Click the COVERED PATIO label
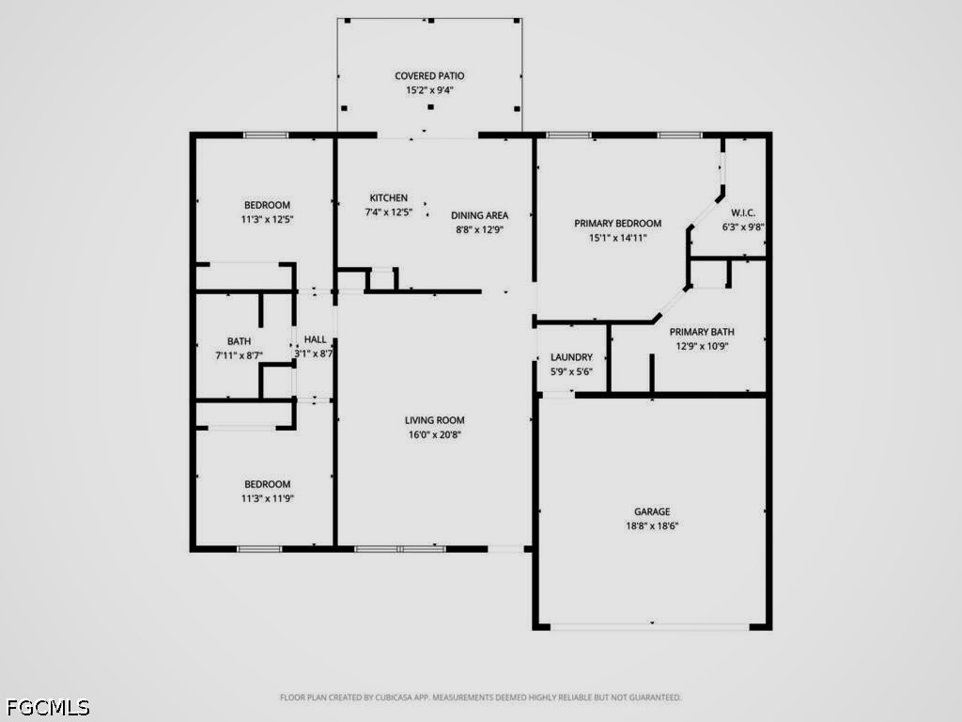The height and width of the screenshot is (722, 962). pos(429,76)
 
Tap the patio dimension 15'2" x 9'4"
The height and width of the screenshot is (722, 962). pos(429,90)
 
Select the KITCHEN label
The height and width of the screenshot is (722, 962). pos(388,197)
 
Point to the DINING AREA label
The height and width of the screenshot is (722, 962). pos(480,215)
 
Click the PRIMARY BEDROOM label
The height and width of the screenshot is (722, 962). pos(618,224)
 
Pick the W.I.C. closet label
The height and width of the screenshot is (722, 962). pos(743,213)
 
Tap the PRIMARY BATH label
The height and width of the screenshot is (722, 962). pos(702,332)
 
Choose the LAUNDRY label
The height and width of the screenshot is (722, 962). pos(571,357)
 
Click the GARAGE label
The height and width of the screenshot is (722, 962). pos(652,511)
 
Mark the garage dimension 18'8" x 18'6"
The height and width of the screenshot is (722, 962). pos(652,526)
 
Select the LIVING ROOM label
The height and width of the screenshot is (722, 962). pos(434,420)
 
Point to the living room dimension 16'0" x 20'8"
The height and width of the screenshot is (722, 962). pos(434,434)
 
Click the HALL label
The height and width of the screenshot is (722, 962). pos(316,339)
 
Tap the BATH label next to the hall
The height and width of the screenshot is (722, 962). pos(240,341)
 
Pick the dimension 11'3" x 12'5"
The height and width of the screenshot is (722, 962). pos(268,219)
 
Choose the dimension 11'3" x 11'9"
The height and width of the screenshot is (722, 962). pos(268,498)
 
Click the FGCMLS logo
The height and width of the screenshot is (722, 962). pos(48,708)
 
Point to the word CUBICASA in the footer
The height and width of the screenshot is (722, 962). pos(396,698)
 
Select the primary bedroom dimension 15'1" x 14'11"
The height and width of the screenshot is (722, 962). pos(618,238)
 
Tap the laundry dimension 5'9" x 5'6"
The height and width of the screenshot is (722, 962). pos(571,371)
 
